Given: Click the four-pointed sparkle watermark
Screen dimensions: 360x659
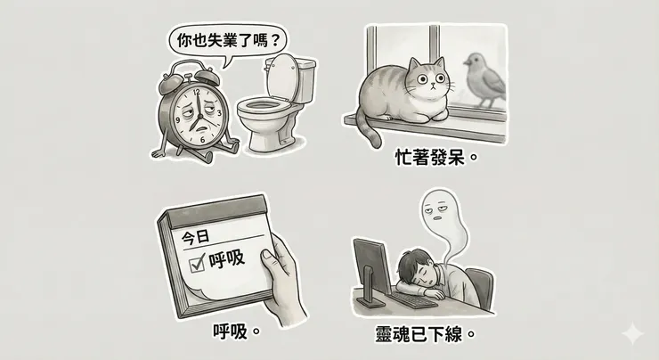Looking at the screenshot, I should (x=633, y=335).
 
